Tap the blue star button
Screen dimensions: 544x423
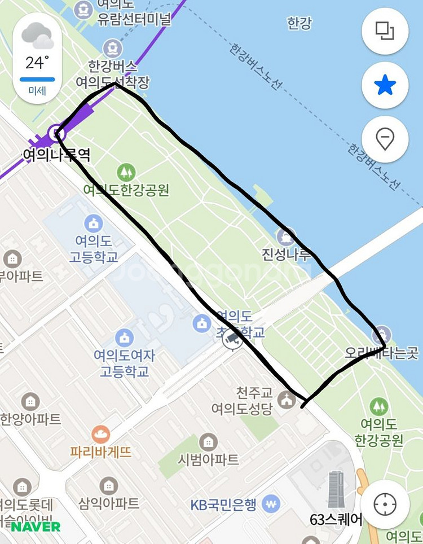(x=385, y=85)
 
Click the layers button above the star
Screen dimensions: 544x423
(x=385, y=31)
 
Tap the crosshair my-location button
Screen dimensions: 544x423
(x=385, y=504)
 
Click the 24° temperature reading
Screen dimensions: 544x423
(x=37, y=62)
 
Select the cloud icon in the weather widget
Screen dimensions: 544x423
(x=38, y=36)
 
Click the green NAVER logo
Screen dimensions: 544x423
(x=36, y=527)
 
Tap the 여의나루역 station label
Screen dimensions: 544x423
(x=56, y=155)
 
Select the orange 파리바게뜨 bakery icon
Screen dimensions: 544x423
(x=101, y=434)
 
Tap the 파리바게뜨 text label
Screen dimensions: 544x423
(x=101, y=451)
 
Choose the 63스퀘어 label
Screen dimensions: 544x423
(x=336, y=519)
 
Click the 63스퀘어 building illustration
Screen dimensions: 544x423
(x=336, y=489)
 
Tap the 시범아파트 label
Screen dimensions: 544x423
(x=209, y=459)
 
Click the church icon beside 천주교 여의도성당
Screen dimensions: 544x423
(x=287, y=400)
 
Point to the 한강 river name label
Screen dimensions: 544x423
(x=299, y=23)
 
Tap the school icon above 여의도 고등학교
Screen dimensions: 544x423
(x=93, y=223)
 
